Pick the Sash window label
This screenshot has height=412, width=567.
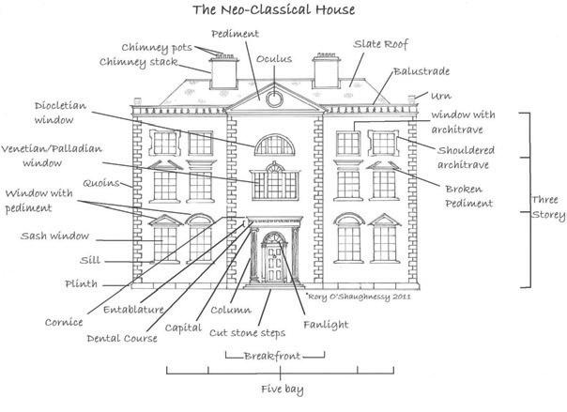tap(51, 237)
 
